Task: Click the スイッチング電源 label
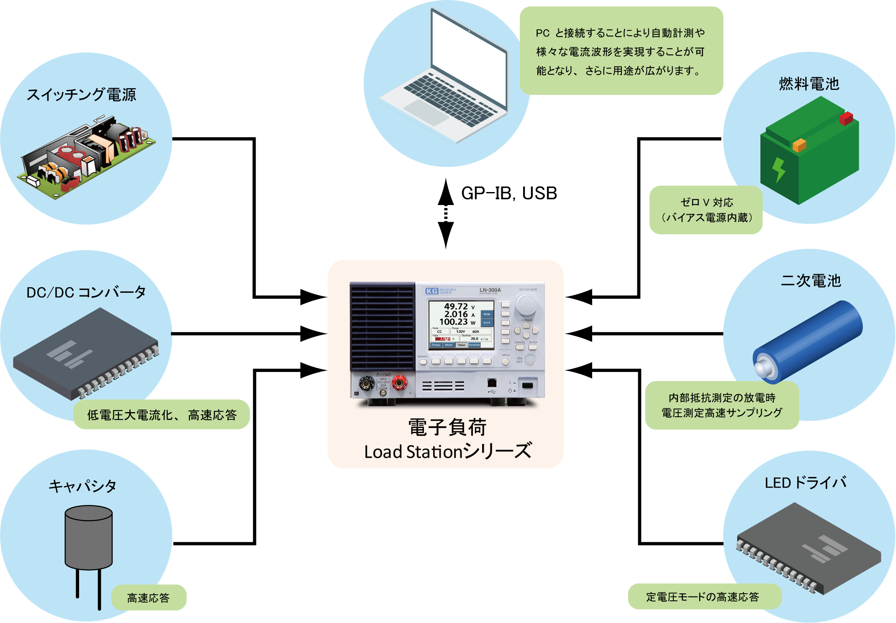coord(82,95)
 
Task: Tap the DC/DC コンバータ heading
coord(86,292)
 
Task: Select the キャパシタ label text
coord(82,486)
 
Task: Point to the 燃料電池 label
coord(809,84)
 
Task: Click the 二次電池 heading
coord(811,281)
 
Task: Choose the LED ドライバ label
coord(806,483)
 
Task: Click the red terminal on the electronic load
coord(399,382)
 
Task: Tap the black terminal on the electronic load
coord(367,382)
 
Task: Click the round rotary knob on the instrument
coord(526,305)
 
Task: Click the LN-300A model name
coord(490,290)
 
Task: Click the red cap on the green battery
coord(846,118)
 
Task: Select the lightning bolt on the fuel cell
coord(778,169)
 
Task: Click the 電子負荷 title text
coord(447,428)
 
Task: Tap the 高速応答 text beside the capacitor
coord(148,598)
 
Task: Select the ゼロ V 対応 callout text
coord(707,203)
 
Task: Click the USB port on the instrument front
coord(492,382)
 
